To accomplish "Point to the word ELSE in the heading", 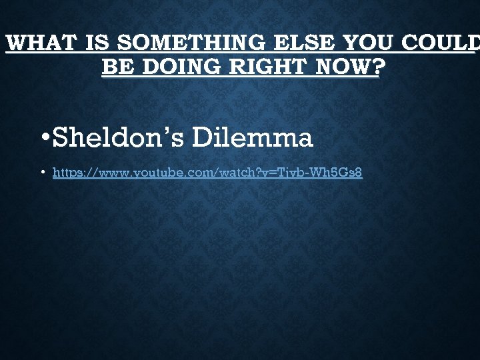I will (x=305, y=44).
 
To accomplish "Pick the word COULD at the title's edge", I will (x=445, y=44).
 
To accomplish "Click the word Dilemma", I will (x=253, y=138).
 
